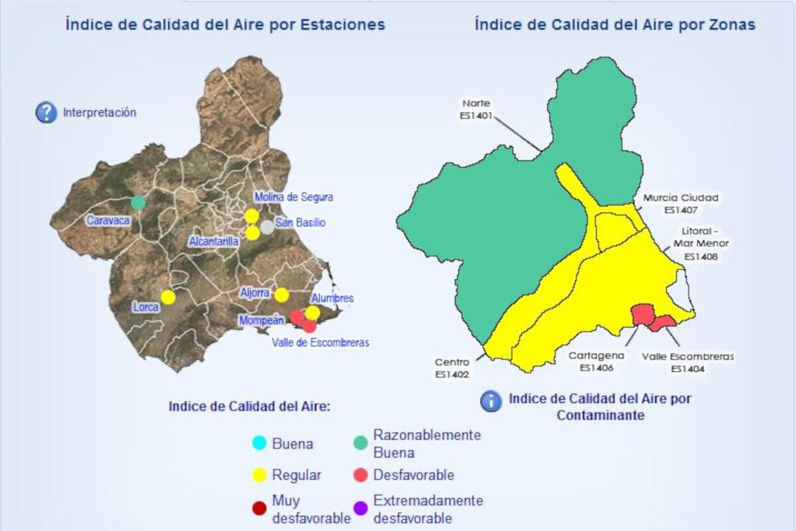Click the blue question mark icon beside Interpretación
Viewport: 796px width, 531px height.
(46, 113)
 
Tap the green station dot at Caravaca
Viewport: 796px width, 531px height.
(138, 202)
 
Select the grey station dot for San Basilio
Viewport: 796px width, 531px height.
(267, 227)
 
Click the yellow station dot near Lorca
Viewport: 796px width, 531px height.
(168, 297)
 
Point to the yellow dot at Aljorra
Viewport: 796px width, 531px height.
(282, 294)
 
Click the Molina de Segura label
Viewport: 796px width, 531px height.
(294, 197)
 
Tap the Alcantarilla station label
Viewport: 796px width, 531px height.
(214, 241)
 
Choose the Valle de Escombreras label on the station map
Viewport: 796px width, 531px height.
(320, 343)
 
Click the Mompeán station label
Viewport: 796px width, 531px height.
(261, 321)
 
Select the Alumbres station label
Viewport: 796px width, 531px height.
(332, 298)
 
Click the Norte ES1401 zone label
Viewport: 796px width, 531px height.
(476, 109)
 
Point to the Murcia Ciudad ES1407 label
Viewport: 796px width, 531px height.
(681, 204)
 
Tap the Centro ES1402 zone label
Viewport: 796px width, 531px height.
(452, 369)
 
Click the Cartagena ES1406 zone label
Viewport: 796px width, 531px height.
(596, 361)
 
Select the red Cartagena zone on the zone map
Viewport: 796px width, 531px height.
(641, 314)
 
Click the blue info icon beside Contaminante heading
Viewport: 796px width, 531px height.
(491, 401)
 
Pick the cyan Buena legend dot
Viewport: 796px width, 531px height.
(259, 443)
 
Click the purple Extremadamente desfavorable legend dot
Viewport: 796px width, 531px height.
(360, 509)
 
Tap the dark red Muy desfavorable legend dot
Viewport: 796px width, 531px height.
(259, 509)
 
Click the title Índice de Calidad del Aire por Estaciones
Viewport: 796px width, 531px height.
(225, 25)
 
